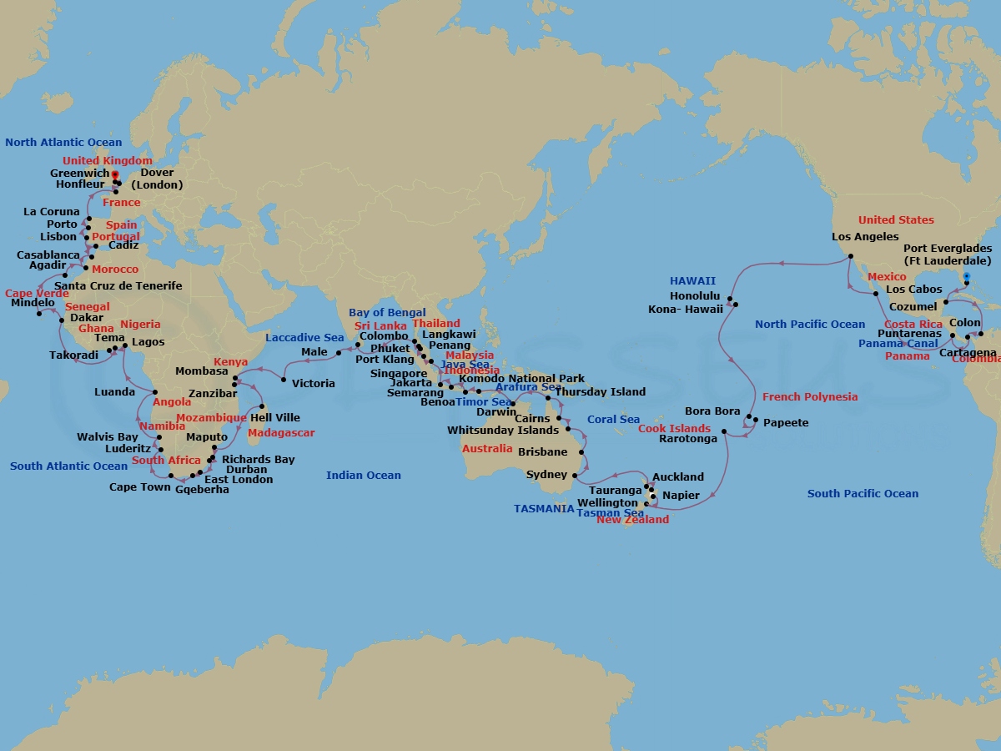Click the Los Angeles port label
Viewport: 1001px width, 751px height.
click(x=865, y=237)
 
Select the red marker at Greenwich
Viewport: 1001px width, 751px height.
click(x=114, y=174)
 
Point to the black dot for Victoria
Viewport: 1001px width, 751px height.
click(x=284, y=381)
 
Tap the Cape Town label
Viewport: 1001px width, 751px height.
click(x=139, y=487)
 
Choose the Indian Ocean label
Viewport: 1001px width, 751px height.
click(x=363, y=476)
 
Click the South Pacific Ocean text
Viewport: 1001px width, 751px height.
click(x=863, y=494)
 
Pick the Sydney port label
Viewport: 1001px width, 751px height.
click(x=546, y=475)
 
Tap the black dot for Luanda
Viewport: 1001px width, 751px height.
click(x=155, y=391)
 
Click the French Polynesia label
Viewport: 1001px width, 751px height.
click(x=809, y=397)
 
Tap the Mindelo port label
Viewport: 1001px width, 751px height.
click(x=33, y=303)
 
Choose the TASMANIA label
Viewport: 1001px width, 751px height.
click(x=543, y=508)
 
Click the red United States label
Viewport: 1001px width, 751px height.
click(x=896, y=220)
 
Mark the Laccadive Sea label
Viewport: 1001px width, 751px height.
click(x=304, y=338)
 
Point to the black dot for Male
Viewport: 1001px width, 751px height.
click(x=339, y=353)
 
